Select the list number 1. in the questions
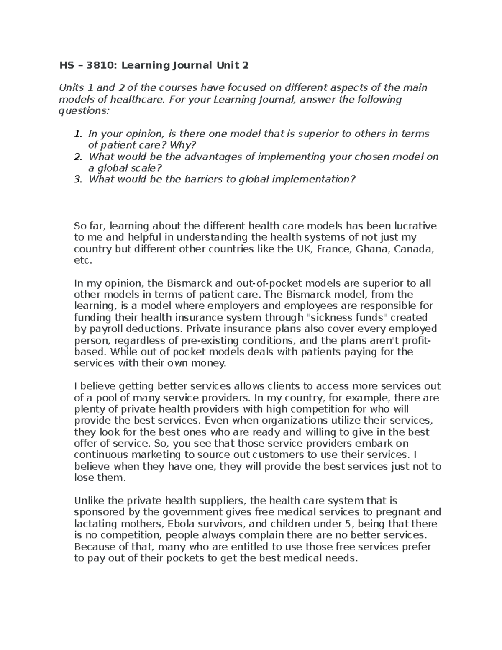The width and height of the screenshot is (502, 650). (x=77, y=134)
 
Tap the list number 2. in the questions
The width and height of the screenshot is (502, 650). (x=77, y=157)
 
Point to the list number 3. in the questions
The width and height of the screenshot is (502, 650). (x=77, y=180)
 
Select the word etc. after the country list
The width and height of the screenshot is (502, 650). (x=82, y=260)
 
